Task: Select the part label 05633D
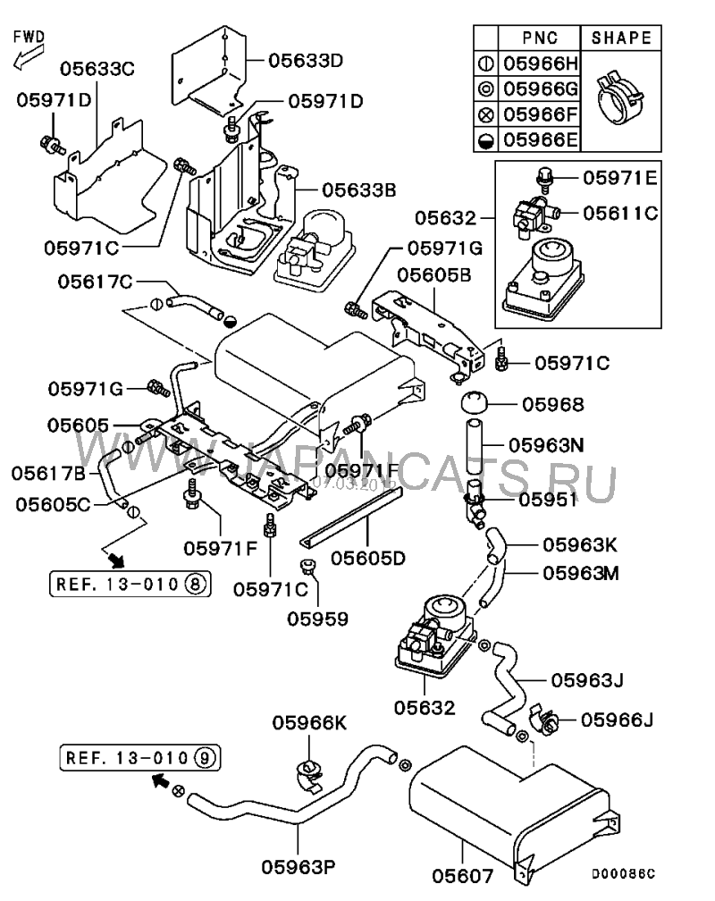pos(306,61)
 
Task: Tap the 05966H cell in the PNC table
pos(541,63)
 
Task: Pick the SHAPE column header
pos(621,38)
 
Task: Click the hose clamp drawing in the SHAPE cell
pos(620,97)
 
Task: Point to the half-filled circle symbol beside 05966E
pos(486,140)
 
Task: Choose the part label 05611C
pos(620,213)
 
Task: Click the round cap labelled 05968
pos(475,403)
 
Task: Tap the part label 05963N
pos(547,445)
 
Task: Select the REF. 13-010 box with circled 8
pos(130,584)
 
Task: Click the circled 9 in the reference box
pos(204,758)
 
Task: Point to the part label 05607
pos(463,876)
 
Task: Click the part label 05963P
pos(299,866)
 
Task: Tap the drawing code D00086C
pos(624,874)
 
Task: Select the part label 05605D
pos(368,558)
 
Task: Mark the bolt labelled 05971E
pos(542,178)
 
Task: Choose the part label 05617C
pos(95,282)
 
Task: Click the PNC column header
pos(540,38)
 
